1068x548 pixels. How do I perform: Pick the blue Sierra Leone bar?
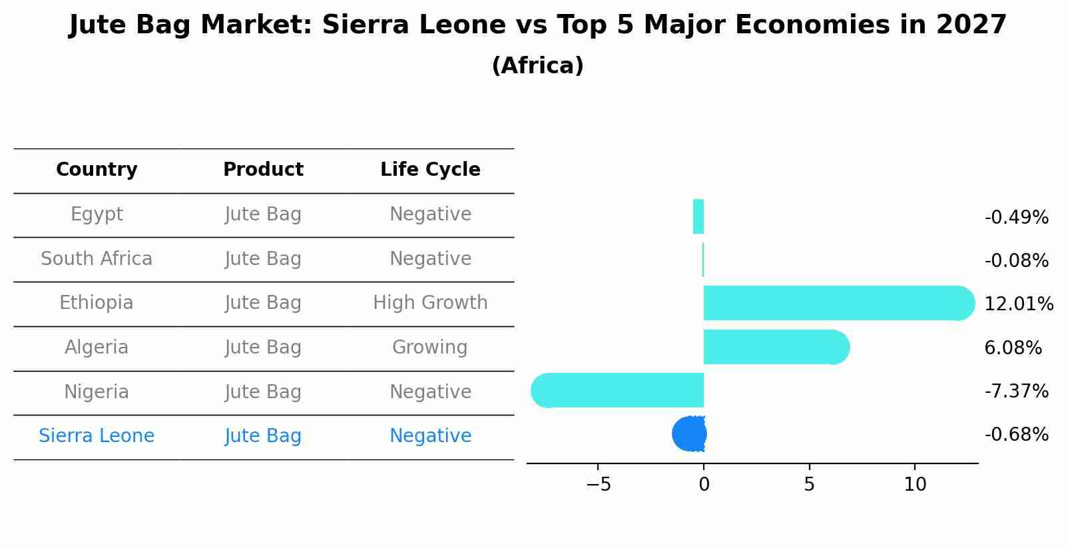(689, 433)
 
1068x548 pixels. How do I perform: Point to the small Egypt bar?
(698, 216)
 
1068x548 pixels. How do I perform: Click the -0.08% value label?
(1016, 260)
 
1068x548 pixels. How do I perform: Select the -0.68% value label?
(1016, 434)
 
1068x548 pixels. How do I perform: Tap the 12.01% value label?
(1018, 304)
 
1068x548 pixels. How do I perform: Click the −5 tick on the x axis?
(598, 484)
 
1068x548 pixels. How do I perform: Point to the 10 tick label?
(915, 484)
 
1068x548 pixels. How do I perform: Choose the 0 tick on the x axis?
(704, 484)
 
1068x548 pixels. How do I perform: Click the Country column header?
(97, 170)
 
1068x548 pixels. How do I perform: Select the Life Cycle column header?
(430, 170)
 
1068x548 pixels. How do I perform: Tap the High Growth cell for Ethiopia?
(430, 303)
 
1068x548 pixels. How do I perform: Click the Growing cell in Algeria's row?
(429, 347)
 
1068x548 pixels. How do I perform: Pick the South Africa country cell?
(97, 258)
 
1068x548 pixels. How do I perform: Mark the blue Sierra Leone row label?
(97, 435)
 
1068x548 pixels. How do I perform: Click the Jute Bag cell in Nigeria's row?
(263, 392)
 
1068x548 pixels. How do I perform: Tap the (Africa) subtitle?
(537, 65)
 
